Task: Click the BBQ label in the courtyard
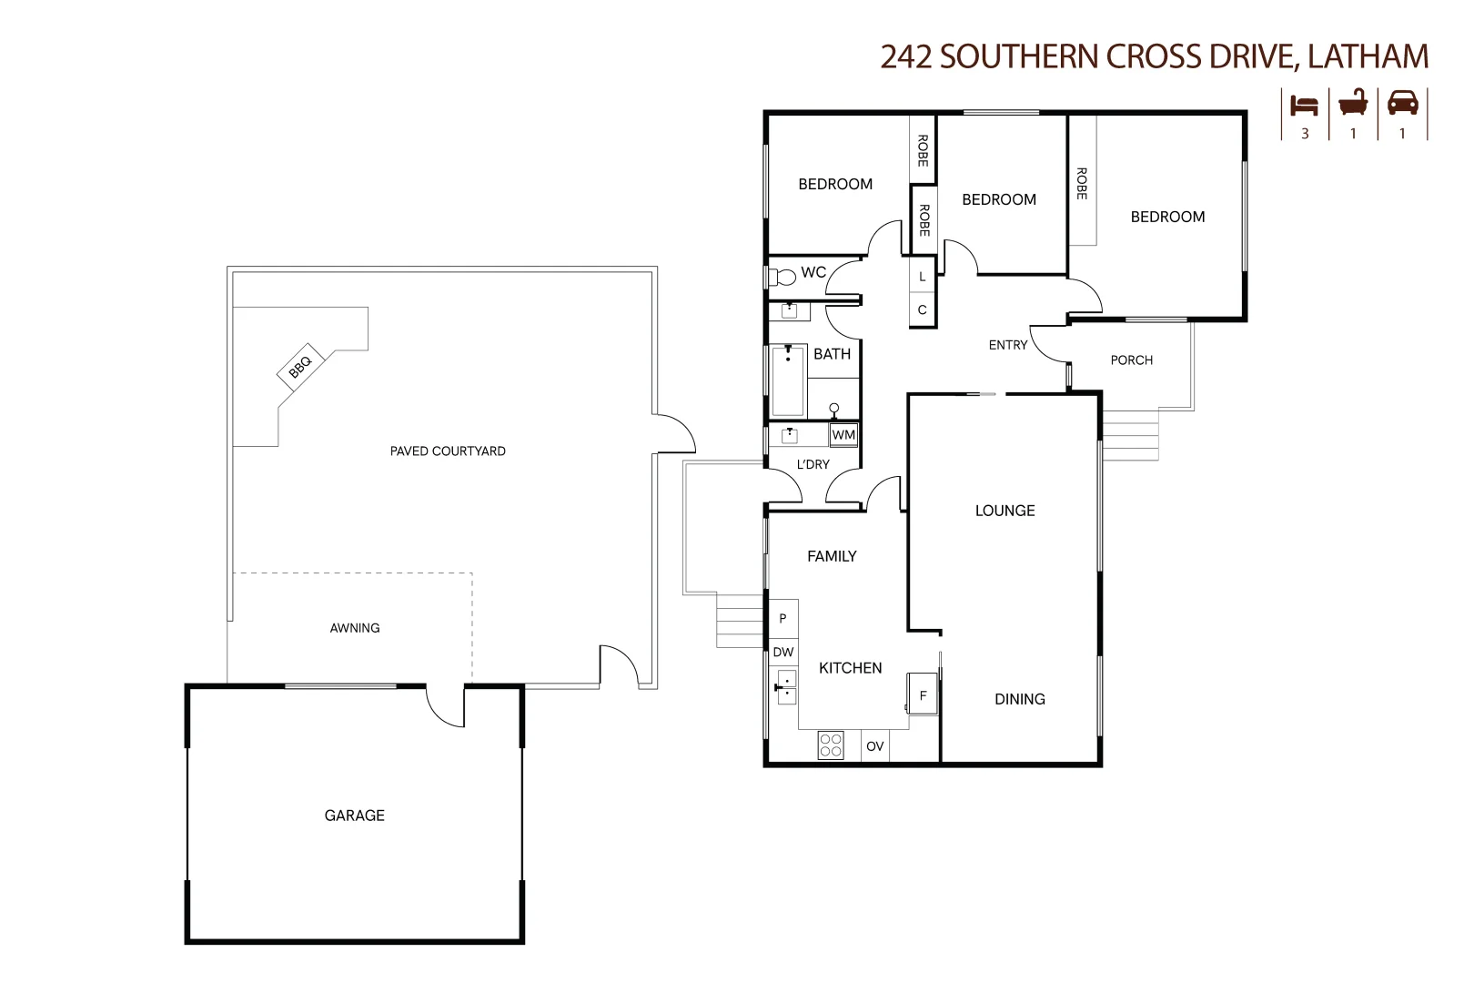[x=300, y=367]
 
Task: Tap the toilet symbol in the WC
[x=782, y=277]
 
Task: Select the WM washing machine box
[x=843, y=434]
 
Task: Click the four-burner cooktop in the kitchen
[x=831, y=745]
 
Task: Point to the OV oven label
[x=874, y=746]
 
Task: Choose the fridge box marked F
[x=923, y=694]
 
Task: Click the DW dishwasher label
[x=783, y=653]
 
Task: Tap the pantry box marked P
[x=783, y=618]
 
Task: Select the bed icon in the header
[x=1304, y=106]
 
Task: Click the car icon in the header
[x=1403, y=104]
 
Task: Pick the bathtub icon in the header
[x=1353, y=104]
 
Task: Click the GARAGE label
[x=355, y=816]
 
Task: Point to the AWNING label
[x=355, y=628]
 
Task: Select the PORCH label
[x=1132, y=360]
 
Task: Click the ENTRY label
[x=1008, y=345]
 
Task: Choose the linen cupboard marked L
[x=923, y=277]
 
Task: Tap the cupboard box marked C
[x=923, y=309]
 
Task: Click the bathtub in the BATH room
[x=788, y=381]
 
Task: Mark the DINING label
[x=1020, y=699]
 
